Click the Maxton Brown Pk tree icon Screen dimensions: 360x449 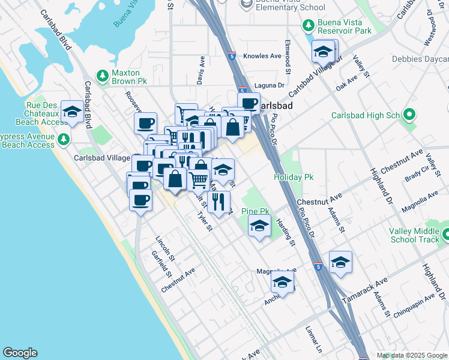tap(103, 75)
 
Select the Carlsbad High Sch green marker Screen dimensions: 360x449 tap(411, 114)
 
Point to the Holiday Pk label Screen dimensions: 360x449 tap(294, 178)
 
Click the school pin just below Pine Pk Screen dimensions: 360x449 tap(259, 226)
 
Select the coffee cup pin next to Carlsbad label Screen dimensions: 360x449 tap(249, 103)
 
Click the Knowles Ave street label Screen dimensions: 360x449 tap(262, 56)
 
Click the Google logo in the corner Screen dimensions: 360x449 tap(20, 353)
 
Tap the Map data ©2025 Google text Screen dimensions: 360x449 tap(411, 355)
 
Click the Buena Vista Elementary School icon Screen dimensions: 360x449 tap(246, 4)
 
